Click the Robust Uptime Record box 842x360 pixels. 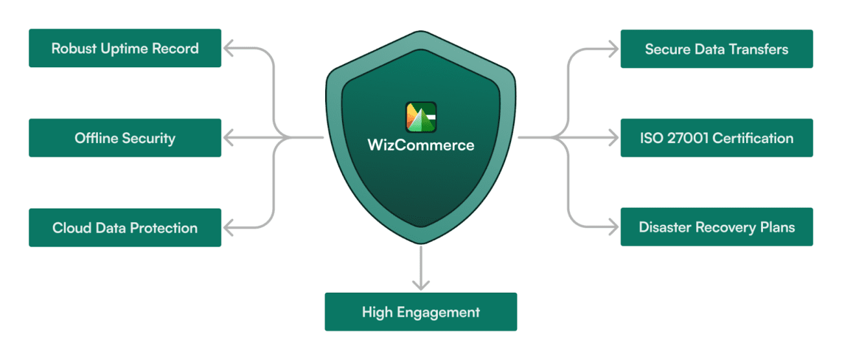[x=125, y=49]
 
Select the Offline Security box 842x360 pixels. [x=125, y=138]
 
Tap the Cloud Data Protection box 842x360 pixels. [x=125, y=228]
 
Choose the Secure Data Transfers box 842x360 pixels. [x=716, y=49]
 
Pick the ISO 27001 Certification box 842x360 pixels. [x=716, y=138]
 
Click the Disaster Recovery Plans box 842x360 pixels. [x=716, y=227]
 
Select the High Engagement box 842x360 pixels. [x=421, y=312]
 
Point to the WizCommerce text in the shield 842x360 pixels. [x=421, y=145]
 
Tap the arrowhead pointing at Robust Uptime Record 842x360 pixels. [x=227, y=48]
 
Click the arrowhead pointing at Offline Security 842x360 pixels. [x=227, y=137]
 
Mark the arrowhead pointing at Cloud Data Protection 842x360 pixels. [x=227, y=227]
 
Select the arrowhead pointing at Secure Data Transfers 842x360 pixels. [x=614, y=48]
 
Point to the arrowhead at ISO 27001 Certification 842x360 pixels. [x=614, y=137]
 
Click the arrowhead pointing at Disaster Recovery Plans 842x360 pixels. [x=614, y=227]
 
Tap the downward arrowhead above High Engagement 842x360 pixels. [x=421, y=286]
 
